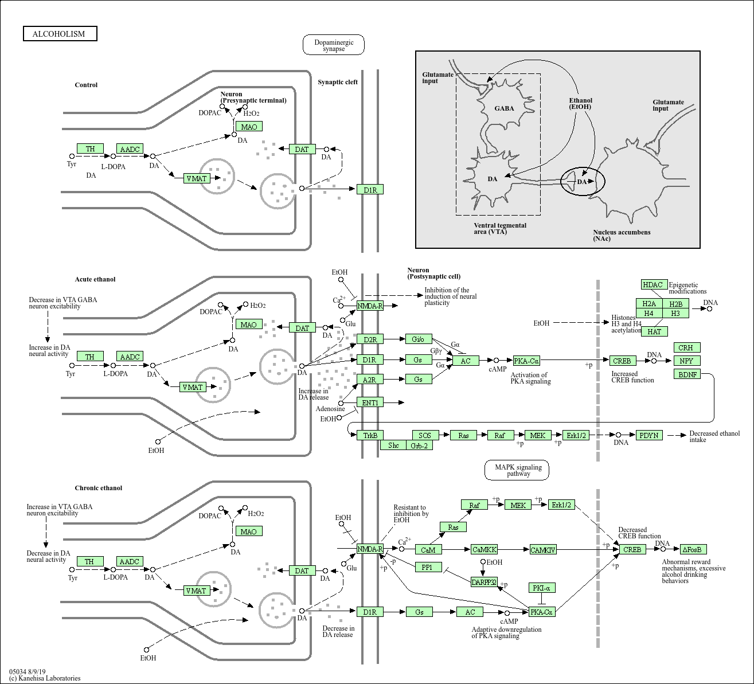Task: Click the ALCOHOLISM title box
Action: click(x=60, y=34)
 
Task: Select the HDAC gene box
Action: click(x=653, y=285)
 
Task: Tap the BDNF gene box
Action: click(x=687, y=374)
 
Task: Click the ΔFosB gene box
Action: click(x=693, y=549)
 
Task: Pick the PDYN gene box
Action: click(x=649, y=435)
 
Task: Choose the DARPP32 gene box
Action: click(x=484, y=582)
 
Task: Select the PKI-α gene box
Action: click(x=541, y=588)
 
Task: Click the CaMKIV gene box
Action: click(x=542, y=550)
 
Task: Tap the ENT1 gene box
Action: click(x=370, y=402)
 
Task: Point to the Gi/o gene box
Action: click(x=418, y=339)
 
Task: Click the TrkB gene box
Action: click(x=370, y=435)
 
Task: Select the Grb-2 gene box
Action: click(x=419, y=445)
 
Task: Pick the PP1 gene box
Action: click(x=428, y=567)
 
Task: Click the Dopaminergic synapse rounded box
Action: click(x=334, y=45)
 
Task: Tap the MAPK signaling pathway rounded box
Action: click(x=518, y=470)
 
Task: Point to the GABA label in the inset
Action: click(x=505, y=108)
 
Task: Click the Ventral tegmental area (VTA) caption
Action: click(x=500, y=228)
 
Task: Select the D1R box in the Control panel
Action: click(x=370, y=190)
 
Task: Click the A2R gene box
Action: click(x=370, y=380)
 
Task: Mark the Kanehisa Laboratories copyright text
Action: click(x=45, y=678)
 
